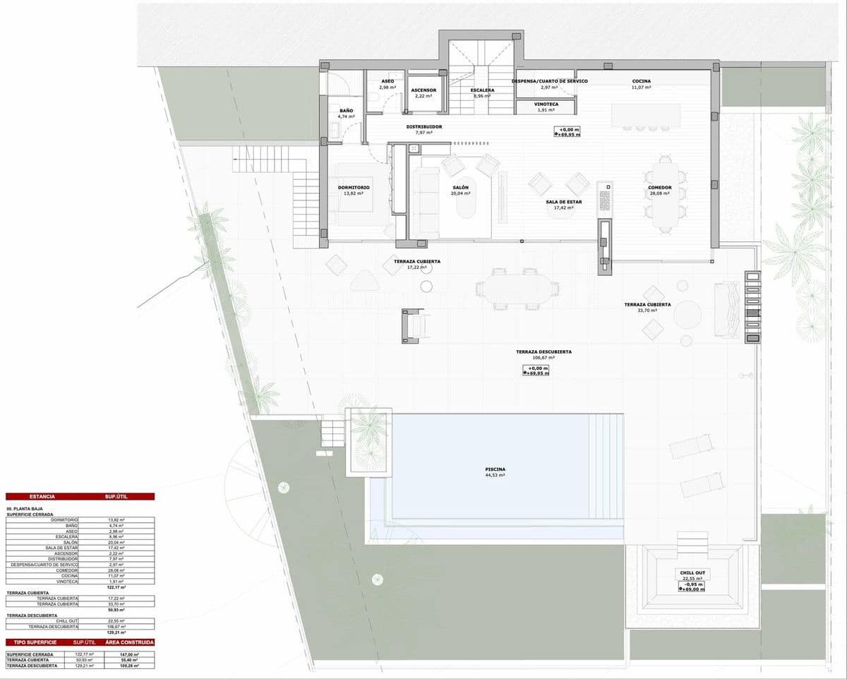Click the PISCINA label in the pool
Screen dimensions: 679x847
click(x=495, y=469)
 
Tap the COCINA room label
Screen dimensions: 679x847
click(x=641, y=81)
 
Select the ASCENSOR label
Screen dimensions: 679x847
click(x=424, y=90)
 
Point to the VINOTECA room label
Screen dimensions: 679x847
click(x=542, y=104)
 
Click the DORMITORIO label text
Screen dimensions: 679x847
click(x=354, y=187)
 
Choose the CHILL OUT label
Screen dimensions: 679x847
click(x=692, y=573)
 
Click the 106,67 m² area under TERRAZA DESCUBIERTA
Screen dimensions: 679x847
click(x=543, y=358)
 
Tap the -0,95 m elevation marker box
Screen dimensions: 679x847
click(x=692, y=584)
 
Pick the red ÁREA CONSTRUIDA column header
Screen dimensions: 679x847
click(x=129, y=642)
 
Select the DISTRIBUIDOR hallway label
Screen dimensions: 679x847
click(x=424, y=127)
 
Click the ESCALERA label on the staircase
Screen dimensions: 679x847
click(x=483, y=90)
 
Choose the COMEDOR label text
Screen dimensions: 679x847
click(x=659, y=188)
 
